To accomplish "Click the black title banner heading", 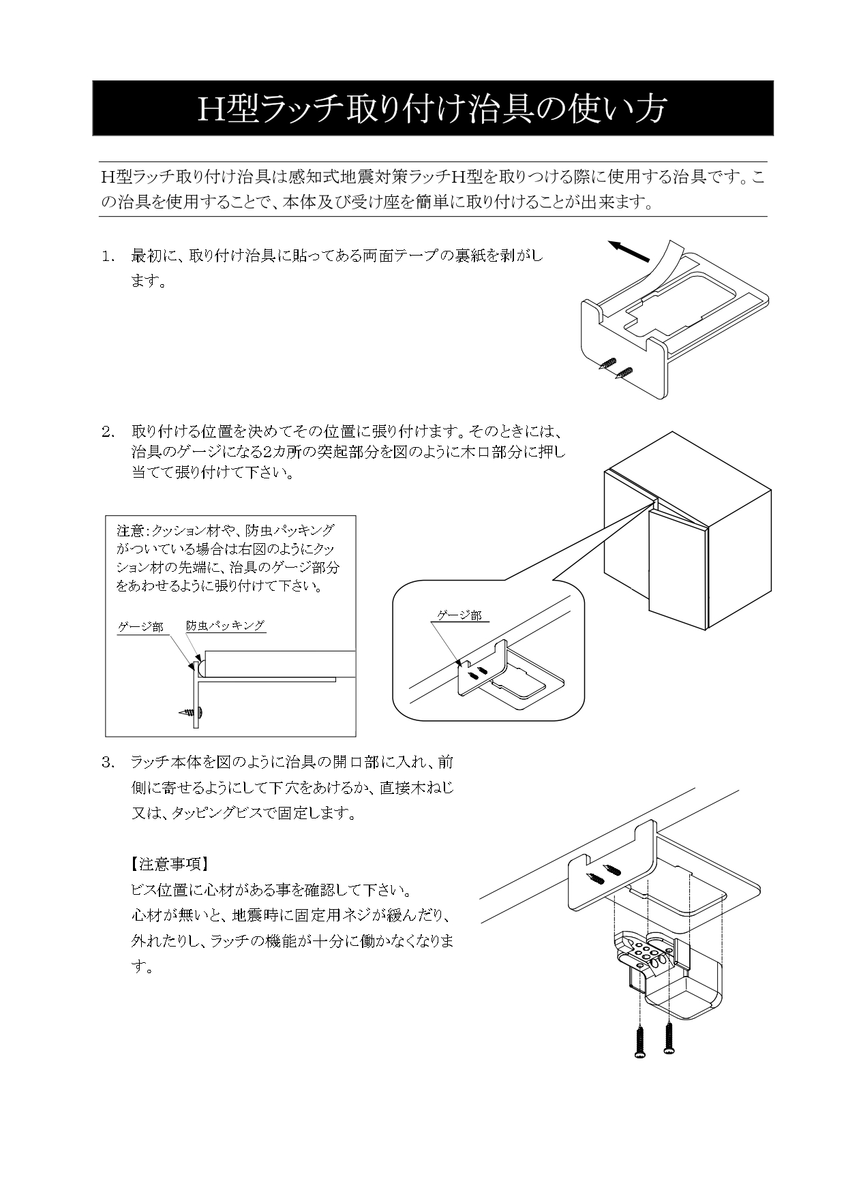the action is point(432,108).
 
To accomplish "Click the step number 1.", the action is point(108,256).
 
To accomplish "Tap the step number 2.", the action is point(108,431).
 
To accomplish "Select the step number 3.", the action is point(108,762).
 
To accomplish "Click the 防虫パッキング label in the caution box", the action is point(226,625).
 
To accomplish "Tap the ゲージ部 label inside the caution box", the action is point(140,626).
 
